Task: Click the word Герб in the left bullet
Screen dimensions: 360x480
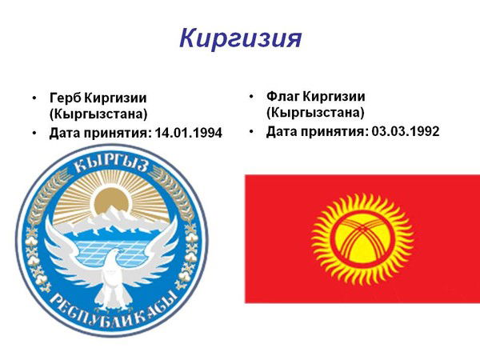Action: pos(66,98)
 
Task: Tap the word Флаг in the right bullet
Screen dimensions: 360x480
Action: pos(286,96)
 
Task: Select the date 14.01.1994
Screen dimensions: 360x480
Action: pos(190,132)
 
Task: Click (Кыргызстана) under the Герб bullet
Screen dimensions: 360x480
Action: pos(99,114)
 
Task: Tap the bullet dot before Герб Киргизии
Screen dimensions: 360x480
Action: pos(34,98)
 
